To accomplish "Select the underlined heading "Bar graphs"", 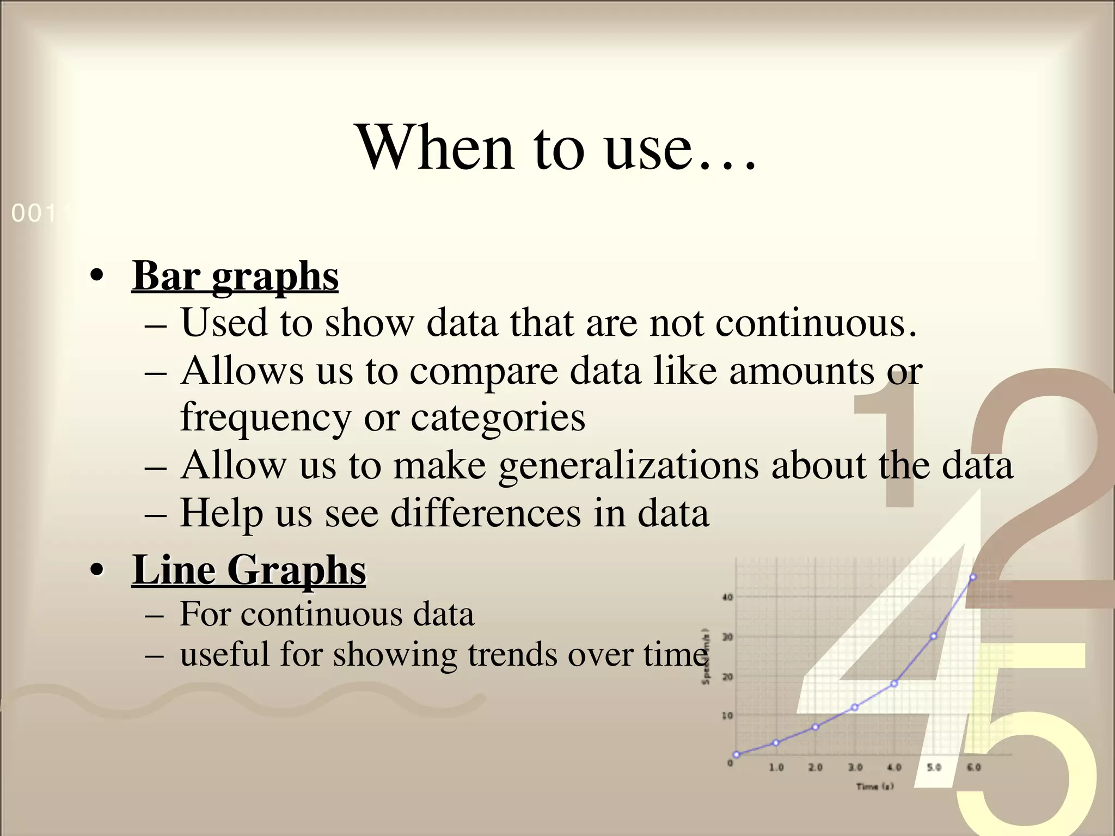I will click(235, 276).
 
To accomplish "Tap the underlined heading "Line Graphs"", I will click(249, 570).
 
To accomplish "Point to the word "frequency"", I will click(265, 418).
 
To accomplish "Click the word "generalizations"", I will click(628, 466).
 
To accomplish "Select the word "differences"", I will click(486, 513).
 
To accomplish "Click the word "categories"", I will click(498, 418).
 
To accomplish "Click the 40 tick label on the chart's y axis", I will click(727, 597).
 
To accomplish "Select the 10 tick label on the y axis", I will click(727, 716).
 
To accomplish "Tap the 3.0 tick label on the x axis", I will click(855, 767).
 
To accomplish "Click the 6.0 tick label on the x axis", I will click(973, 767).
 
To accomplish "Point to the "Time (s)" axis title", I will click(874, 786).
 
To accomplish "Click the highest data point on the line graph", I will click(973, 577).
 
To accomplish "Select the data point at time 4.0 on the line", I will click(894, 684).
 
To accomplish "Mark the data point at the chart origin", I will click(737, 755).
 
